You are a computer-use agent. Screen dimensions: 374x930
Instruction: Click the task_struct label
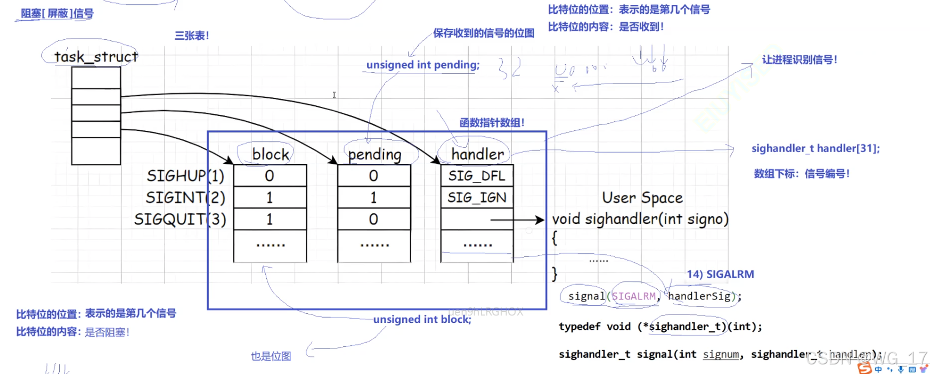(x=96, y=56)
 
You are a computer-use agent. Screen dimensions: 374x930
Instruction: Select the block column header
(x=271, y=154)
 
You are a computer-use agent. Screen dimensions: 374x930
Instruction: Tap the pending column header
(x=374, y=154)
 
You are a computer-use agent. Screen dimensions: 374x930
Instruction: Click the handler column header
(x=477, y=154)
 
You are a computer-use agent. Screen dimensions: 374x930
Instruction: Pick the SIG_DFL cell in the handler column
(x=477, y=176)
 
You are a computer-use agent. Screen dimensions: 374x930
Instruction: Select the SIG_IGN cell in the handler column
(x=477, y=197)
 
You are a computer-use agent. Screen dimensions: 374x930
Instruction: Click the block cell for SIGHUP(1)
(x=270, y=176)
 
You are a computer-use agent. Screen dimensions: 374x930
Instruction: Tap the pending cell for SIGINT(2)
(x=373, y=197)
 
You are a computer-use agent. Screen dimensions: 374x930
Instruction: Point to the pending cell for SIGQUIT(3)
(x=373, y=219)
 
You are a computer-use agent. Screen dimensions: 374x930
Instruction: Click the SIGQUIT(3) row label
(x=180, y=219)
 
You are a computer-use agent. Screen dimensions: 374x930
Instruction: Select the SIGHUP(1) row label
(x=185, y=176)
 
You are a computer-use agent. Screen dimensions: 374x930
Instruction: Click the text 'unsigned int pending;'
(x=423, y=65)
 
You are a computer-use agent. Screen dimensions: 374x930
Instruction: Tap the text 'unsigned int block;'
(x=422, y=319)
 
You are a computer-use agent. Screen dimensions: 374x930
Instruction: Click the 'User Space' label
(x=642, y=198)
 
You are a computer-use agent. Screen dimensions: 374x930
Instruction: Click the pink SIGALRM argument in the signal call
(x=634, y=296)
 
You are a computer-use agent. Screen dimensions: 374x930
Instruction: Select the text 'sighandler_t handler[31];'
(x=815, y=148)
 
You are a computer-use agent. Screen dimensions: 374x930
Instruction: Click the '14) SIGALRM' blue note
(x=720, y=275)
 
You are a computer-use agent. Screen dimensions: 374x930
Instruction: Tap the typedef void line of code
(x=660, y=327)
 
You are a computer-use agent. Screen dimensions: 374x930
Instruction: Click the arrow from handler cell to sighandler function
(x=517, y=219)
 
